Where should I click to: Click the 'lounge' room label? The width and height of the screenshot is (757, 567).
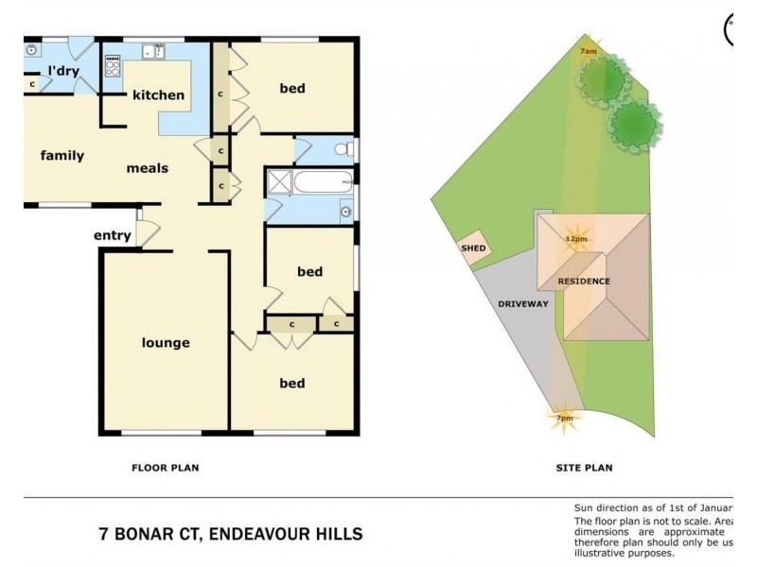(166, 343)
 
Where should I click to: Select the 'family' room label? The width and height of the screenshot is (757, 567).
(62, 156)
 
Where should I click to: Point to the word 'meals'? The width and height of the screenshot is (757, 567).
(148, 168)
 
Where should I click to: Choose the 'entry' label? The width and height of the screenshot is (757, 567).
(112, 235)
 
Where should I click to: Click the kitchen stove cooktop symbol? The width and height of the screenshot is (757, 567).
(113, 66)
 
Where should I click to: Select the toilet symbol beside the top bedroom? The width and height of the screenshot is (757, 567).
(343, 148)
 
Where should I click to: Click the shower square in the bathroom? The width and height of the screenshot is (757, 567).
(279, 181)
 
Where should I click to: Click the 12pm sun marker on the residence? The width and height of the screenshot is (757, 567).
(574, 238)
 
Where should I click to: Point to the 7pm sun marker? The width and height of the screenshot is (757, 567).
(563, 417)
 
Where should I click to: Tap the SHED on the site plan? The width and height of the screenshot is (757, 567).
(473, 248)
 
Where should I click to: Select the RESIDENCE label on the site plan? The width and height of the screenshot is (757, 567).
(584, 281)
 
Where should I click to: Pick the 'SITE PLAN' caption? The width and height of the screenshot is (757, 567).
(584, 467)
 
